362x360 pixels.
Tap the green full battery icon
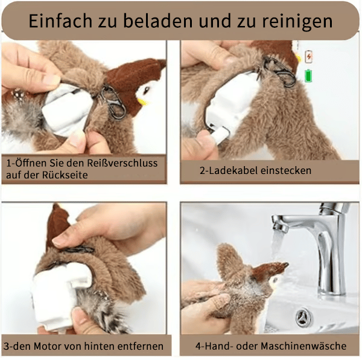click(310, 76)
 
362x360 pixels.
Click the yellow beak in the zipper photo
click(142, 100)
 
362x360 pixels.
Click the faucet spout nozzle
click(282, 227)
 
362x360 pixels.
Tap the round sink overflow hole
click(302, 318)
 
